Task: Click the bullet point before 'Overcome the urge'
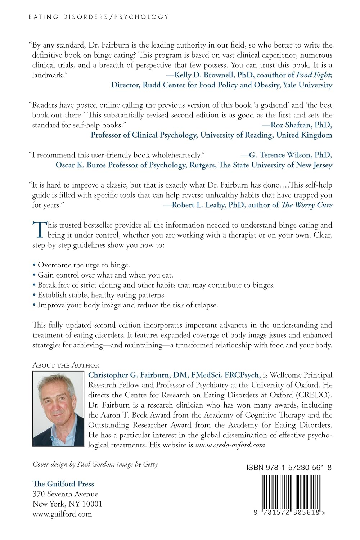pyautogui.click(x=34, y=265)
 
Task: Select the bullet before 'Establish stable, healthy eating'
pyautogui.click(x=34, y=295)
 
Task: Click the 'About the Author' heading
pyautogui.click(x=66, y=365)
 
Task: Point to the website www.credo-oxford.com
pyautogui.click(x=230, y=445)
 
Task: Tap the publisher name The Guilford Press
pyautogui.click(x=63, y=484)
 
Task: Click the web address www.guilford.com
pyautogui.click(x=62, y=514)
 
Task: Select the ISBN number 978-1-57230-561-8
pyautogui.click(x=289, y=468)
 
